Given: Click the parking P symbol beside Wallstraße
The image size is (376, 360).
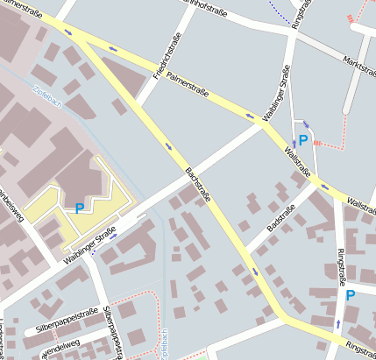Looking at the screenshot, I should [x=303, y=139].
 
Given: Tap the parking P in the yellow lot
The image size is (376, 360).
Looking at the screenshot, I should [x=80, y=208].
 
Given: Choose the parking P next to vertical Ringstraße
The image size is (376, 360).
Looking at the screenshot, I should [x=351, y=295].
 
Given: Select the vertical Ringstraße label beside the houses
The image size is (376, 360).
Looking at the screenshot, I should [x=341, y=268].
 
